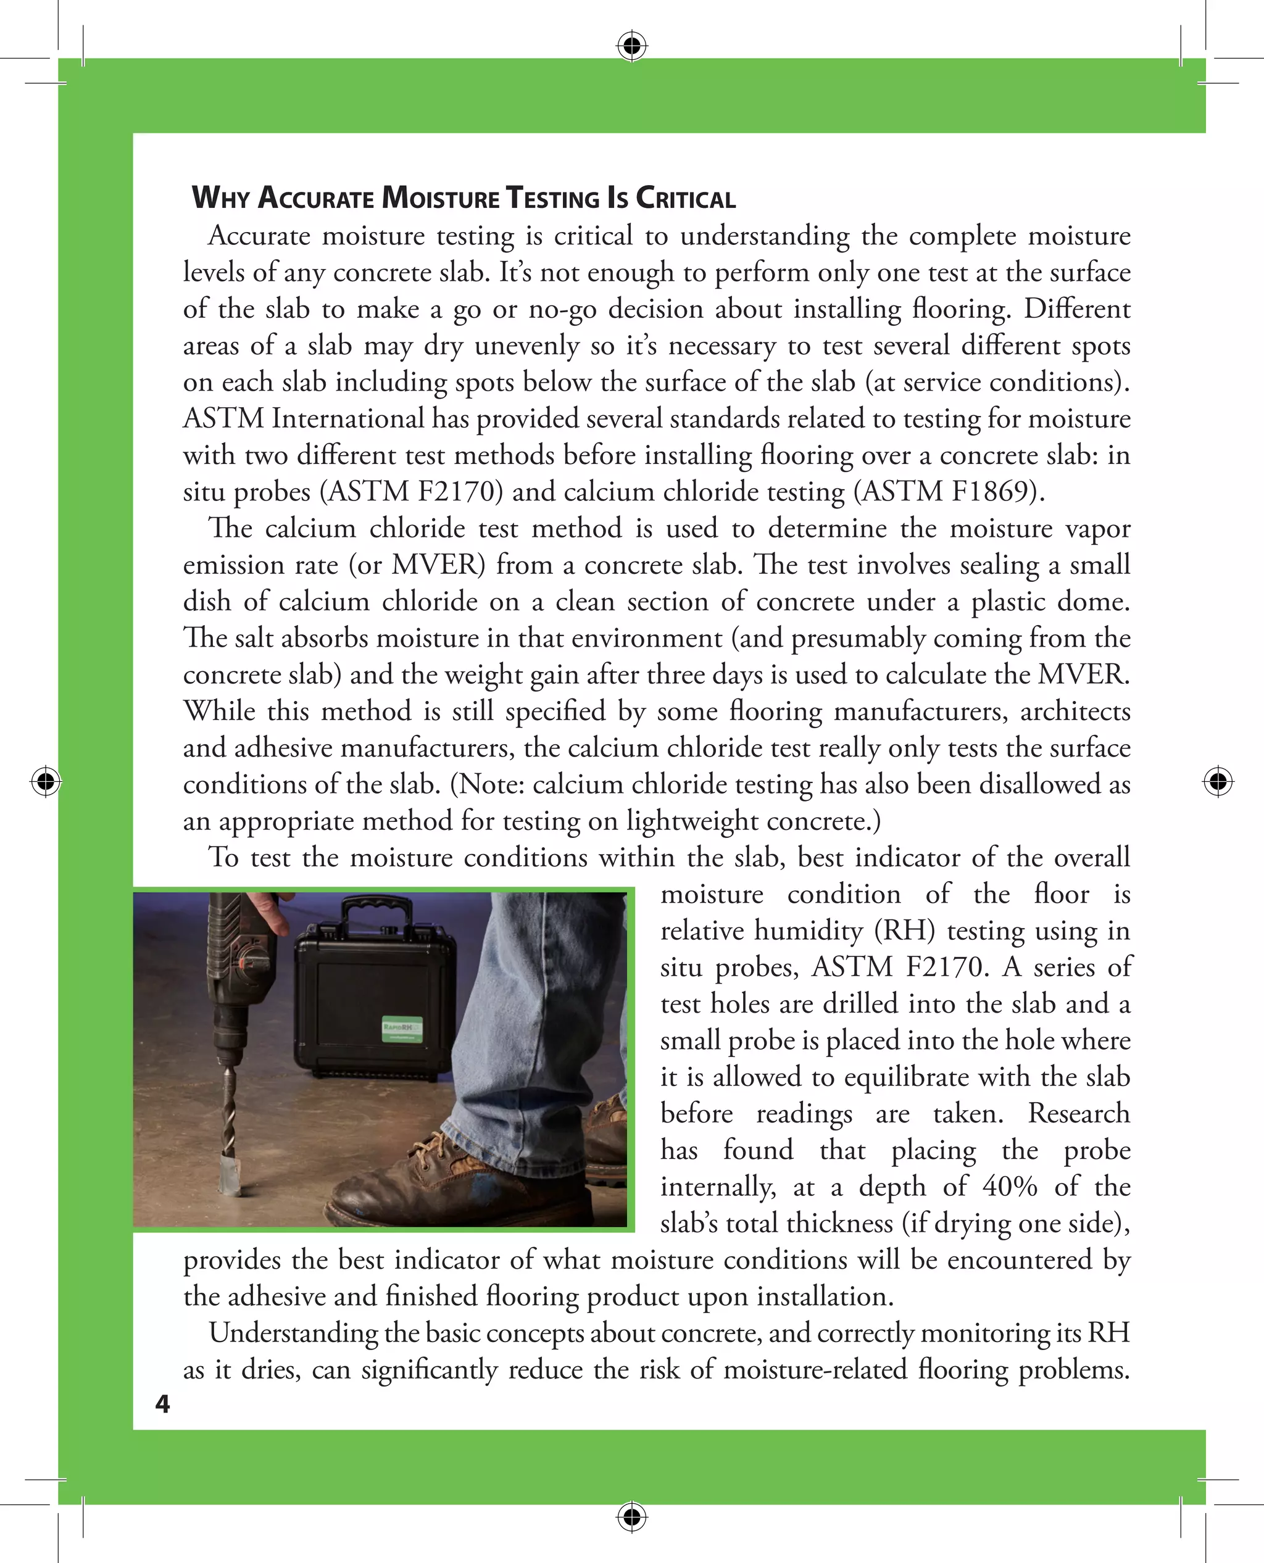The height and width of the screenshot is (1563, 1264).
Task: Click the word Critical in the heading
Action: click(685, 198)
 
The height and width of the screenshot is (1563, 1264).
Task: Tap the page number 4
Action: click(162, 1404)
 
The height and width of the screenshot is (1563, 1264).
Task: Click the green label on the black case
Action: click(402, 1029)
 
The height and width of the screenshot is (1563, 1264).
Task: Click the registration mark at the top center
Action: click(632, 46)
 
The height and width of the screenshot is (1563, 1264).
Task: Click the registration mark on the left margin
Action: click(46, 781)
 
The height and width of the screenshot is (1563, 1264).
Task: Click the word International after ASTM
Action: click(347, 418)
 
